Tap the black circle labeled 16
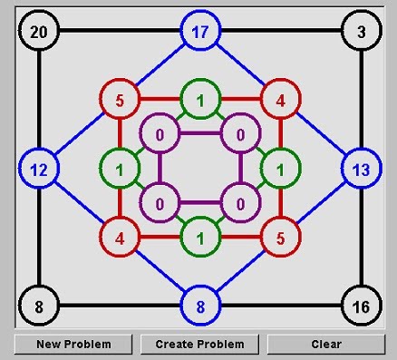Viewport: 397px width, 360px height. click(x=361, y=306)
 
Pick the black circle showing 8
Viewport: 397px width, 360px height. click(x=38, y=306)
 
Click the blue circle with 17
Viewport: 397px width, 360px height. click(x=199, y=32)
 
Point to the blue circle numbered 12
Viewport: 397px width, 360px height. click(x=38, y=169)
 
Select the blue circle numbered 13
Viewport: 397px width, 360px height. click(x=361, y=169)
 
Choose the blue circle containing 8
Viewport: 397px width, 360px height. click(x=199, y=306)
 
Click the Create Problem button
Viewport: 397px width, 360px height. click(x=199, y=345)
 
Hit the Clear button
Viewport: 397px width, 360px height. click(x=326, y=345)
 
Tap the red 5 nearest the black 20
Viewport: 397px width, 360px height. click(x=119, y=99)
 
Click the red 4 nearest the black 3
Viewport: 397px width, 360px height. click(x=280, y=99)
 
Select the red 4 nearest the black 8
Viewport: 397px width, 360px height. click(x=119, y=238)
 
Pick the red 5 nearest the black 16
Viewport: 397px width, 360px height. click(x=280, y=238)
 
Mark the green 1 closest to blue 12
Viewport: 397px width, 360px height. click(x=119, y=169)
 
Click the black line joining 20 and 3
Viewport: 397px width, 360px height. click(x=118, y=32)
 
